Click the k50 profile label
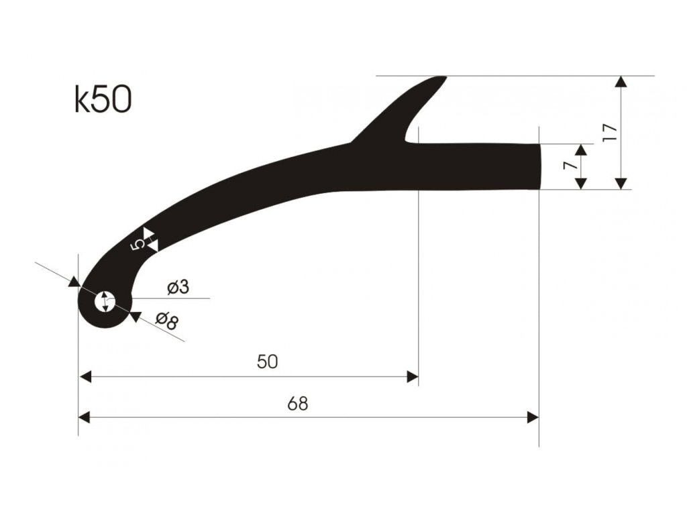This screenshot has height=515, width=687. pyautogui.click(x=103, y=100)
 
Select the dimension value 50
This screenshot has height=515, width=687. pyautogui.click(x=267, y=362)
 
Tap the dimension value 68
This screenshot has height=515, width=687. pyautogui.click(x=298, y=403)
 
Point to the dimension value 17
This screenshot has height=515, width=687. pyautogui.click(x=610, y=132)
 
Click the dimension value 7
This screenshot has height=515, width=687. pyautogui.click(x=569, y=165)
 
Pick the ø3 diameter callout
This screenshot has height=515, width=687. pyautogui.click(x=178, y=287)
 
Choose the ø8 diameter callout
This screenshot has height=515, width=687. pyautogui.click(x=167, y=321)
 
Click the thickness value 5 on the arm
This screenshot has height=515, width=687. pyautogui.click(x=138, y=245)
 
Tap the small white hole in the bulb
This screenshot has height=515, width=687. pyautogui.click(x=105, y=302)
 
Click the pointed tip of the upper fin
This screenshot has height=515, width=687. pyautogui.click(x=443, y=78)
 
